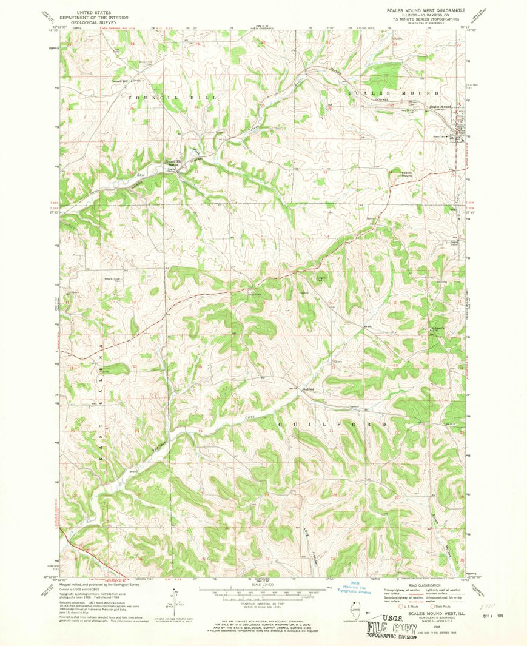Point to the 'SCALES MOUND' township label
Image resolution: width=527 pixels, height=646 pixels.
click(x=394, y=93)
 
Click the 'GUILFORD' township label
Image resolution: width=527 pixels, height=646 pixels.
click(x=332, y=424)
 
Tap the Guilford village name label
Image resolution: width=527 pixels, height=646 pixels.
click(x=307, y=389)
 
